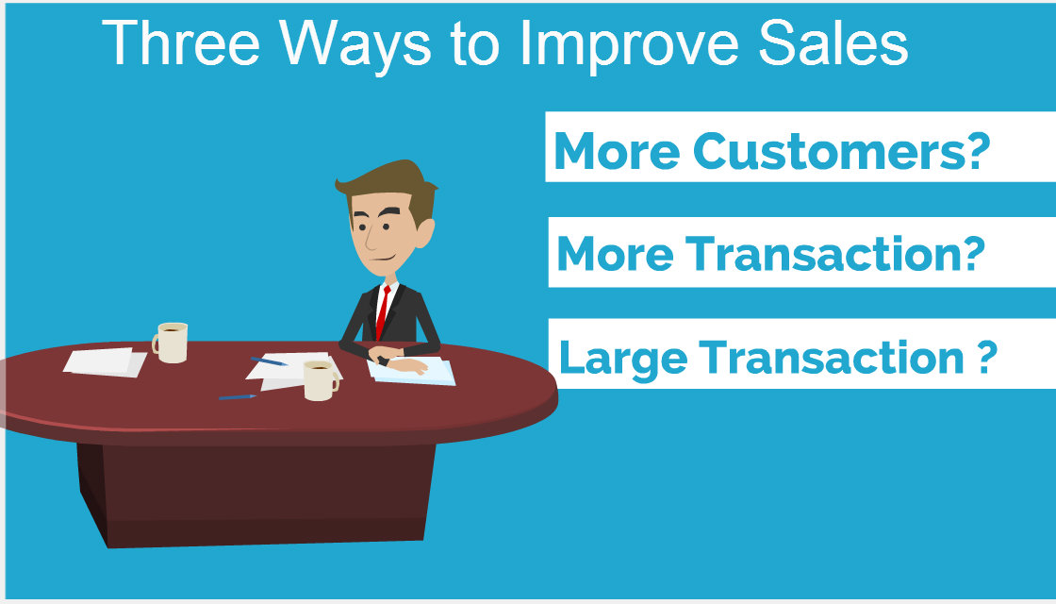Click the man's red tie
click(383, 312)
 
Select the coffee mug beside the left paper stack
click(170, 343)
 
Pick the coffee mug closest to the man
click(321, 380)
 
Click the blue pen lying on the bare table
click(237, 397)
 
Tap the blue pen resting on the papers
click(269, 361)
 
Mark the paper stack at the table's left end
click(105, 362)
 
